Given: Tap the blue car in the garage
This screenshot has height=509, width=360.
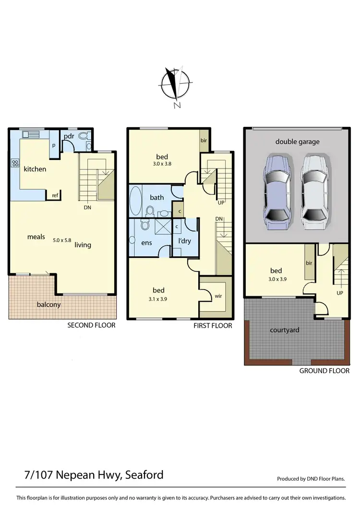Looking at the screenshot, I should (x=276, y=189).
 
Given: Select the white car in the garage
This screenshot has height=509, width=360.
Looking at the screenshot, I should (x=314, y=189).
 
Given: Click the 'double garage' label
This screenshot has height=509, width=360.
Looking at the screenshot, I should (x=297, y=142).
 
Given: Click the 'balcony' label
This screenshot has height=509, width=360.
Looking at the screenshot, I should (x=49, y=304).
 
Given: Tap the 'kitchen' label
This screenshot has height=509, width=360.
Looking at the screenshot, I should (x=35, y=169).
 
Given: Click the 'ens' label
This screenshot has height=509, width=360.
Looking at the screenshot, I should (x=147, y=243).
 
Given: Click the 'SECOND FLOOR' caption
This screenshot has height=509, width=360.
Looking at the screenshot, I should (x=91, y=325).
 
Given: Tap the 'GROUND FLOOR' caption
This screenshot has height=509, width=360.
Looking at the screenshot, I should (x=324, y=371).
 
